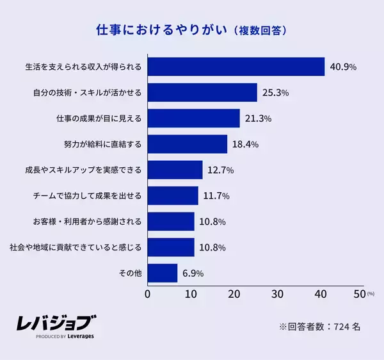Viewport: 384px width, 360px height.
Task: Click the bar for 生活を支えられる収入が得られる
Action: [236, 67]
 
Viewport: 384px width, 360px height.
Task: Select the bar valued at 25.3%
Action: [202, 93]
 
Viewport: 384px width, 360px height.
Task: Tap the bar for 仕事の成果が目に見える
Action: [194, 119]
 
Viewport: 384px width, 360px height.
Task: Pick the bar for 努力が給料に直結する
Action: [188, 144]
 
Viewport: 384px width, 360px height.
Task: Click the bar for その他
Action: [163, 273]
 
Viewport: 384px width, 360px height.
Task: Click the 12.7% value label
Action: [220, 170]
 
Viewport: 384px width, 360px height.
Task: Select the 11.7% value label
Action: [216, 196]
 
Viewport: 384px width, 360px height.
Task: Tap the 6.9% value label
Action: [193, 274]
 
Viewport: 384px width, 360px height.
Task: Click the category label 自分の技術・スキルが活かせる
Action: [87, 93]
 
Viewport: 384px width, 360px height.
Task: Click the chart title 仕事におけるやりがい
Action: [161, 30]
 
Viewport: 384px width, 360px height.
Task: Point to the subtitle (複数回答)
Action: [259, 31]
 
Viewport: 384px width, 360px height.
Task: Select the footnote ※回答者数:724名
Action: [319, 326]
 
